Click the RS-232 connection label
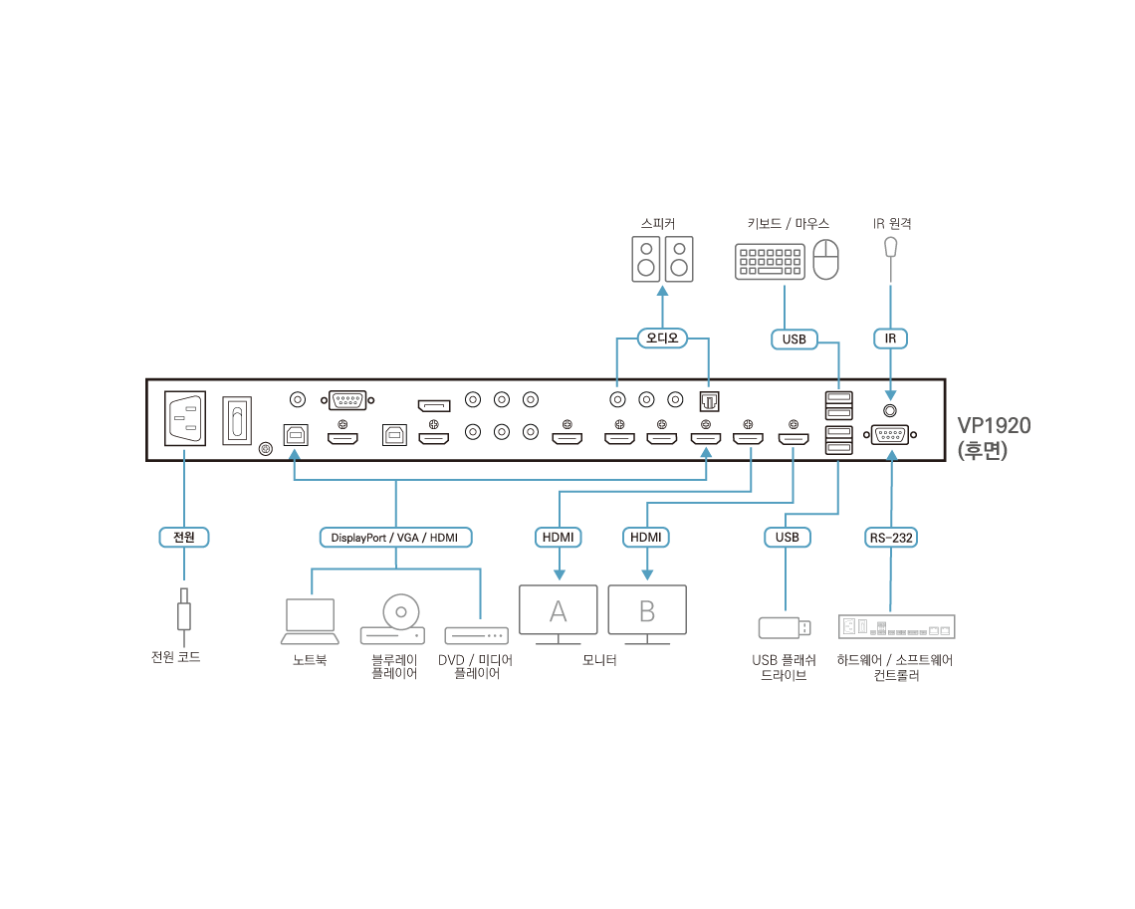click(x=890, y=538)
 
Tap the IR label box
click(x=890, y=340)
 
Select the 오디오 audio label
click(x=662, y=339)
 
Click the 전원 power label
click(x=184, y=538)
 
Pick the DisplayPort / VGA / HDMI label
click(x=395, y=538)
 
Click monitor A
click(x=559, y=610)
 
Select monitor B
click(x=647, y=610)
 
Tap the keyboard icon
click(x=770, y=262)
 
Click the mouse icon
click(x=825, y=261)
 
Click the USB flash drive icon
click(x=785, y=627)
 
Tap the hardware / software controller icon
click(x=896, y=627)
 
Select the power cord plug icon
click(x=184, y=609)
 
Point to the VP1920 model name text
click(x=993, y=426)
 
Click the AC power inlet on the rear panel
click(x=184, y=419)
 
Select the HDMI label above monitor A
click(x=559, y=538)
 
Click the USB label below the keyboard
click(x=794, y=340)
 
